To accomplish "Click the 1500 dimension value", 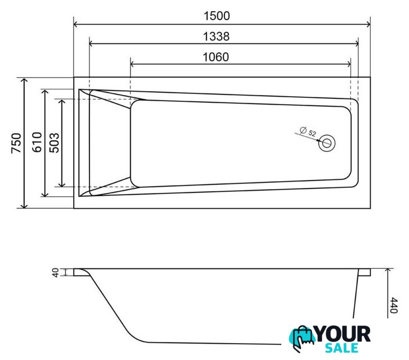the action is coord(217,16).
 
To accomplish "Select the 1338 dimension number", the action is coord(216,37).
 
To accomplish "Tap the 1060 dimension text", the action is coord(215,57).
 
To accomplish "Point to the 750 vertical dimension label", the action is coord(16,143).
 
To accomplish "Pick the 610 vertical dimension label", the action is coord(37,142).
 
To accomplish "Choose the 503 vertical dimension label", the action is coord(55,143).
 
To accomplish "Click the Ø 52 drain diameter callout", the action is coord(308,131).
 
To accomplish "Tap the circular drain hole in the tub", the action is coord(326,143).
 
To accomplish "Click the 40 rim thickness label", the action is coord(56,273).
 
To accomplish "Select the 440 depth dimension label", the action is coord(393,305).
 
